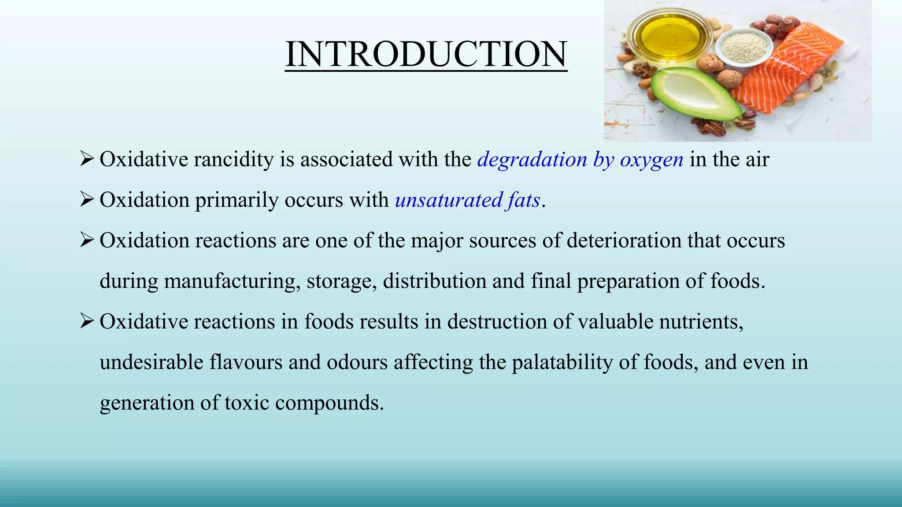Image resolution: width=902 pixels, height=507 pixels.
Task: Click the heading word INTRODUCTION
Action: pyautogui.click(x=426, y=54)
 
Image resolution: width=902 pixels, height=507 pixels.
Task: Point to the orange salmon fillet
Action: pyautogui.click(x=788, y=70)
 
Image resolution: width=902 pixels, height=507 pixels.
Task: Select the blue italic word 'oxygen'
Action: pyautogui.click(x=651, y=159)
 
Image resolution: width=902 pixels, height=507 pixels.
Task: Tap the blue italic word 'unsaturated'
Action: pyautogui.click(x=449, y=200)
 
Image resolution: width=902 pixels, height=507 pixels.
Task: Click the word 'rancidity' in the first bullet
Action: pyautogui.click(x=234, y=159)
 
